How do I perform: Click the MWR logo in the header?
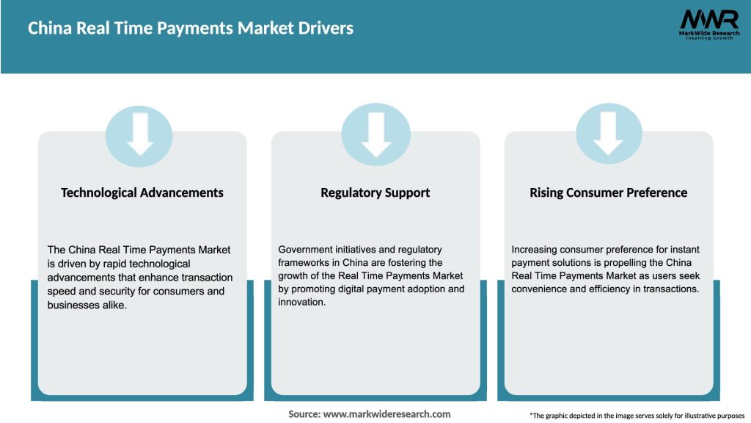(708, 19)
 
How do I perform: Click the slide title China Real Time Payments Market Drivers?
(191, 29)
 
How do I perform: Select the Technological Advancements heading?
(142, 192)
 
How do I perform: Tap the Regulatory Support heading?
(375, 192)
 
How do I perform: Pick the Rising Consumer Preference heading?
(609, 192)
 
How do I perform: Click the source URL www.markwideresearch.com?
(387, 414)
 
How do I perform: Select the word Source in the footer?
(304, 414)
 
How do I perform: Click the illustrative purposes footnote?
(637, 416)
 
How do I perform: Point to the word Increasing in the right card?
(536, 250)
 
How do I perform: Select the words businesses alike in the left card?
(87, 305)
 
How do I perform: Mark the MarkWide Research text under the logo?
(708, 33)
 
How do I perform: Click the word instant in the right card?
(675, 250)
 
